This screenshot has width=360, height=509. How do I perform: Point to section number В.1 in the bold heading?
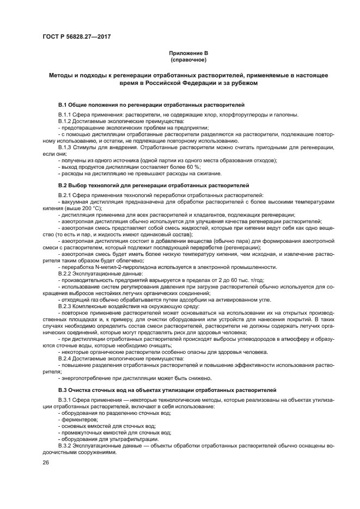click(x=62, y=103)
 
